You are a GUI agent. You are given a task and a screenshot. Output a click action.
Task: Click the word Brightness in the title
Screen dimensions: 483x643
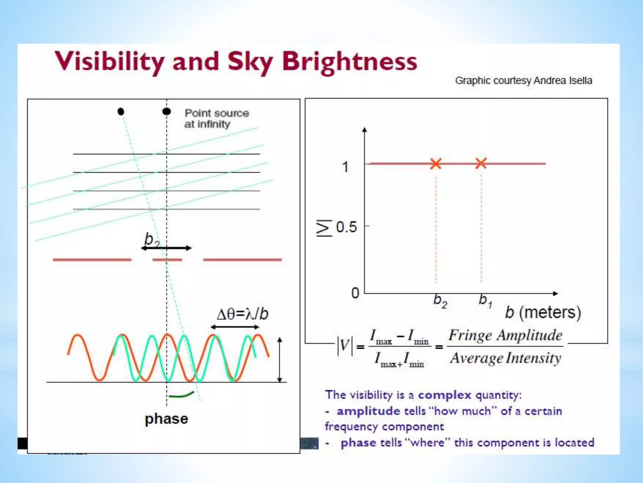coord(349,62)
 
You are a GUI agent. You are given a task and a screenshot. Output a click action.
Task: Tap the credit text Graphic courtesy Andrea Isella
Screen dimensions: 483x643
coord(523,81)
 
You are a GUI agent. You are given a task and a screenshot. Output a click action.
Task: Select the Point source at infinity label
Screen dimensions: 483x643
coord(216,119)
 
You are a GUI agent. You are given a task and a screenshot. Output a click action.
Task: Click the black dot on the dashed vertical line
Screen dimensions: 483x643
coord(167,111)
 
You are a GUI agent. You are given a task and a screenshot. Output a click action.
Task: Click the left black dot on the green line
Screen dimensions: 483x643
coord(121,111)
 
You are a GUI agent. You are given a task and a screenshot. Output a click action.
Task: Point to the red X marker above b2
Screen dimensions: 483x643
coord(436,164)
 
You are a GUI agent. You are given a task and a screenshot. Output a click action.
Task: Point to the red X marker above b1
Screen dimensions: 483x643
coord(481,163)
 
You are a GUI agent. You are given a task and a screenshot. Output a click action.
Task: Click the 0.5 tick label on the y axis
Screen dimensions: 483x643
coord(346,227)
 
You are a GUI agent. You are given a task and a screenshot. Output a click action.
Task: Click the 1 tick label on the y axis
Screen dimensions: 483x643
coord(345,167)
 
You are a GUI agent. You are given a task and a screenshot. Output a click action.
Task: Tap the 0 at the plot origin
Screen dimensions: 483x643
coord(355,293)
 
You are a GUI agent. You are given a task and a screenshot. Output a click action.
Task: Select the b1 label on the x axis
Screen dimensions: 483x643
coord(485,300)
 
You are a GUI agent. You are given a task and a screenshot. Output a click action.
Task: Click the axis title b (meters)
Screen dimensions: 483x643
coord(543,313)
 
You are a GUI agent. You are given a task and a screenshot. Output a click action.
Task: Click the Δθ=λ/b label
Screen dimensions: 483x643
coord(242,314)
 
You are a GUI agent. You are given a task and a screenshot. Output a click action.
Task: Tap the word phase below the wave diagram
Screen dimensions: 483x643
coord(166,419)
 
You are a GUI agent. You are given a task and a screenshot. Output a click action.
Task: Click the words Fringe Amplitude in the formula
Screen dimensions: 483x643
coord(505,335)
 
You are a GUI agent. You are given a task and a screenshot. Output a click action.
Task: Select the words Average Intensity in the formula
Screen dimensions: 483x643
coord(505,358)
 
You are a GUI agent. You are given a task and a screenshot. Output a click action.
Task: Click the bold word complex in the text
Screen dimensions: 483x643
coord(445,395)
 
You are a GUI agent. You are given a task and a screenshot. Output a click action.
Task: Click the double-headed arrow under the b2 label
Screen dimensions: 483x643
coord(166,248)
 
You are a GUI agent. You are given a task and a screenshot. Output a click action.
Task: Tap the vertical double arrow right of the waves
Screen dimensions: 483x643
coord(280,360)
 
